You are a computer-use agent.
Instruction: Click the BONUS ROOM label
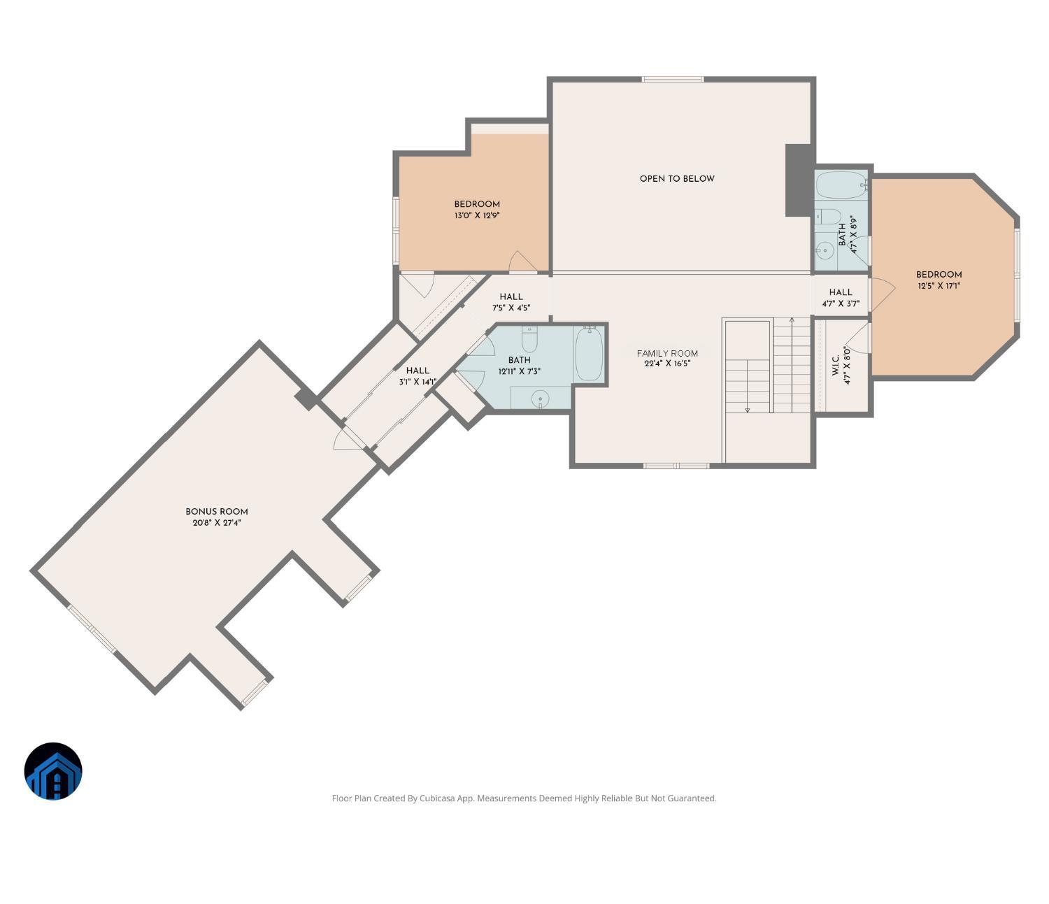(x=216, y=511)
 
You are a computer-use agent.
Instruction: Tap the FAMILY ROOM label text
(x=667, y=353)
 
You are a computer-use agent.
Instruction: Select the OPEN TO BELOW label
(x=677, y=178)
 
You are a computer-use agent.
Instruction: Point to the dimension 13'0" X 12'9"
(x=477, y=215)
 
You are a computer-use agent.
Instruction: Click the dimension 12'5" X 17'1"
(x=939, y=285)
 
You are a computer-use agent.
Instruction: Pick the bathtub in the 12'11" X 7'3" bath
(x=589, y=354)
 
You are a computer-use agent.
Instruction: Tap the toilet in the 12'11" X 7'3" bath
(x=529, y=339)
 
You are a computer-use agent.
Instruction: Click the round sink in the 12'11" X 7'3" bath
(x=539, y=399)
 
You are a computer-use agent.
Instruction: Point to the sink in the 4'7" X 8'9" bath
(x=825, y=249)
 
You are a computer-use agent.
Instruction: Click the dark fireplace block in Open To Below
(x=799, y=180)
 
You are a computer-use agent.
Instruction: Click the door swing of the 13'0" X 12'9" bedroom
(x=522, y=261)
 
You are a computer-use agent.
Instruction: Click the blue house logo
(x=53, y=771)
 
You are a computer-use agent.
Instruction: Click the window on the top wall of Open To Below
(x=673, y=79)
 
